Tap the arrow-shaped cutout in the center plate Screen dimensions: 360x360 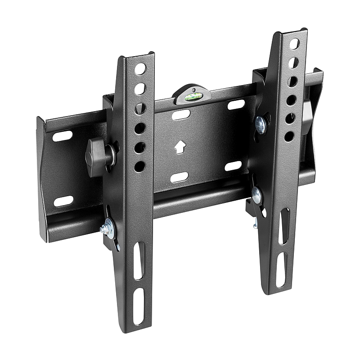[x=180, y=147]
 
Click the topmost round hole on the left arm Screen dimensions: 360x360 [x=140, y=69]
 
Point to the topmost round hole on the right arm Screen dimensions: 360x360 [x=294, y=44]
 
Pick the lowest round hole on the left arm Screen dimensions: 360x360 [x=139, y=166]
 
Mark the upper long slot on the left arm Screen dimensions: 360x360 [x=139, y=261]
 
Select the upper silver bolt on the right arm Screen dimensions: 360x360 [x=260, y=123]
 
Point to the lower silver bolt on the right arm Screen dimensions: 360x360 [x=256, y=195]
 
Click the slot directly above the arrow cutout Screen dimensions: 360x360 [x=181, y=115]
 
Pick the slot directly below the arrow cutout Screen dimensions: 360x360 [x=179, y=177]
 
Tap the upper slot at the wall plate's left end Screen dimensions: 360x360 [x=63, y=135]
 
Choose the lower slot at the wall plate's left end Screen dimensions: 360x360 [x=63, y=201]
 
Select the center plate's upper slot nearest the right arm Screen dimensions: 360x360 [x=236, y=105]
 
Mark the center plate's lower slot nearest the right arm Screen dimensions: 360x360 [x=233, y=166]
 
